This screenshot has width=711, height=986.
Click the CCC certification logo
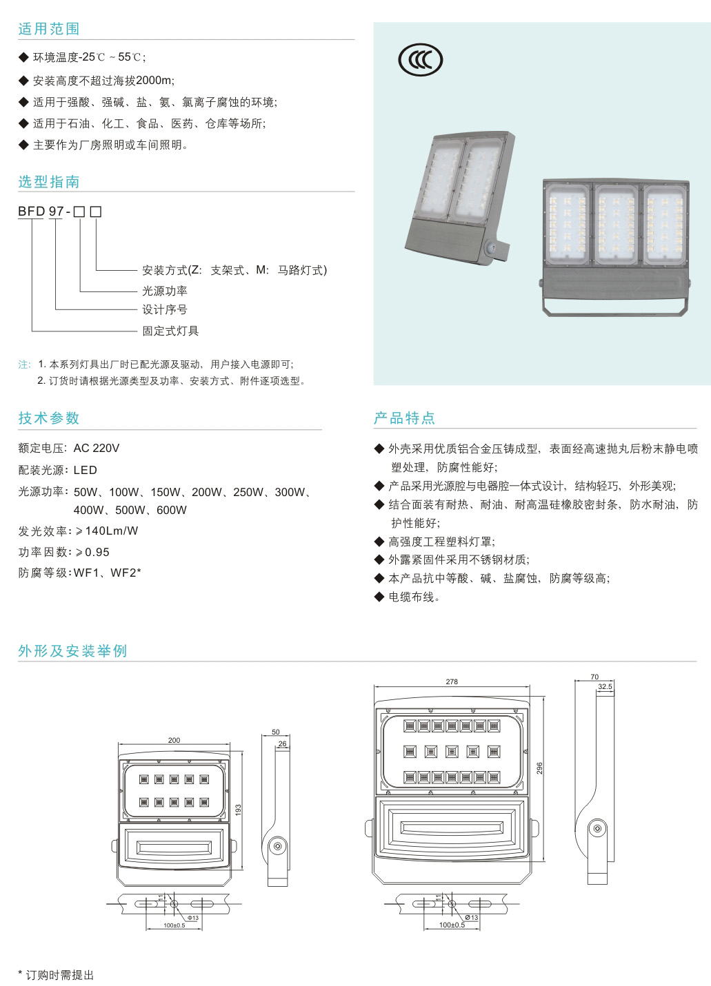[x=420, y=60]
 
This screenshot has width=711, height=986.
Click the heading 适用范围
[x=49, y=29]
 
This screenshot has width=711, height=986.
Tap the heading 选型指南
[x=49, y=182]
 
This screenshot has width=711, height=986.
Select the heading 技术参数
[x=49, y=418]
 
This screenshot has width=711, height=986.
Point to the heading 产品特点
[x=404, y=418]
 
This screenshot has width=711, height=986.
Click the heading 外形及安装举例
[x=72, y=651]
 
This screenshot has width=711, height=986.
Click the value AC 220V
[x=97, y=449]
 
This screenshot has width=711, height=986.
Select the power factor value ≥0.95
[x=92, y=553]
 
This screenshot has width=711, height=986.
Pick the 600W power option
[x=172, y=511]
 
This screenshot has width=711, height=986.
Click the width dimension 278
[x=452, y=682]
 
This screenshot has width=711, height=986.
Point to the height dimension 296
[x=540, y=768]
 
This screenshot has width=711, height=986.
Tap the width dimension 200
[x=174, y=741]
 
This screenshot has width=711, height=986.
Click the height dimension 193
[x=239, y=810]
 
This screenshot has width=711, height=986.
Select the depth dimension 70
[x=594, y=677]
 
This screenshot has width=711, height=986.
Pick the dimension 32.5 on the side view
[x=605, y=687]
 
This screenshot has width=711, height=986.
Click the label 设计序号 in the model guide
[x=165, y=310]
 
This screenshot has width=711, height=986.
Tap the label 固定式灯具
[x=170, y=331]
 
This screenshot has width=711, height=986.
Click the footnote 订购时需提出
[x=59, y=975]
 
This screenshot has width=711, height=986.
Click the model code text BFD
[x=32, y=212]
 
